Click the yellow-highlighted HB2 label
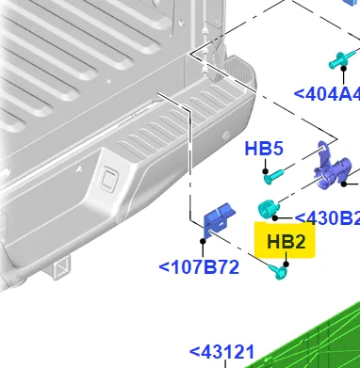(x=286, y=242)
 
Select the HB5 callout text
(x=264, y=149)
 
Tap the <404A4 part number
(x=327, y=94)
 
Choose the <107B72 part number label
(x=199, y=266)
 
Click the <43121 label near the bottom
(x=222, y=353)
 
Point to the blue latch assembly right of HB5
(x=335, y=169)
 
